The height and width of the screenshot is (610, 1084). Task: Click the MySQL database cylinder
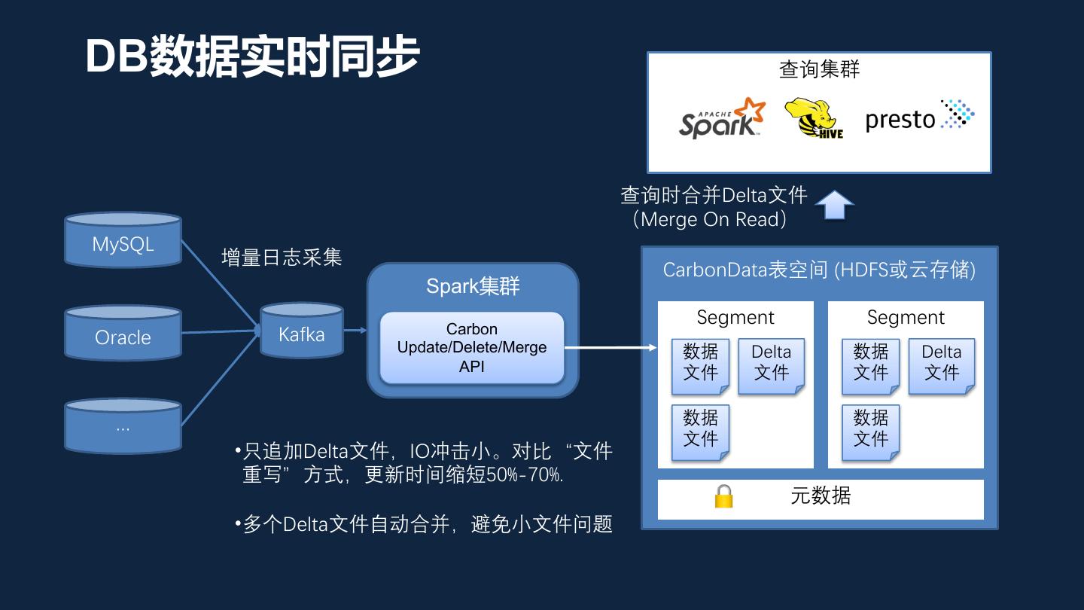pos(123,240)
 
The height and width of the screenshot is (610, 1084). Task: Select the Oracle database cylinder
pos(123,334)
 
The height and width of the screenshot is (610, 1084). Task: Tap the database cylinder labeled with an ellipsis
pos(123,427)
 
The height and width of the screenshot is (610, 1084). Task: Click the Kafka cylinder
pos(301,331)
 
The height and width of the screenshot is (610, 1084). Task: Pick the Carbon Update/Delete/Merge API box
pos(472,348)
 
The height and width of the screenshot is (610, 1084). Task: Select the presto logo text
pos(900,119)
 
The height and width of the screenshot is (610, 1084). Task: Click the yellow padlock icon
pos(723,496)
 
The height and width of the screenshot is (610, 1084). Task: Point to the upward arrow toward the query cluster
pos(834,205)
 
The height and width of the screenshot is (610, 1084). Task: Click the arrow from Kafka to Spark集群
pos(355,330)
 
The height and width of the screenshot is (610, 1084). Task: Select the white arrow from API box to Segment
pos(610,348)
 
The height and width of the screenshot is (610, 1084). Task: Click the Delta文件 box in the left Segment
pos(772,365)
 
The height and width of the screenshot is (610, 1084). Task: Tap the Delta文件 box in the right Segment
pos(942,365)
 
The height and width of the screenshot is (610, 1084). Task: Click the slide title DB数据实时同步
pos(251,56)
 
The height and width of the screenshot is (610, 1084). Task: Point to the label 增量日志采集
pos(282,258)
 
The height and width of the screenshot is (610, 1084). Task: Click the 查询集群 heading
pos(819,70)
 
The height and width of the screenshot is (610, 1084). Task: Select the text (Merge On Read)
pos(710,219)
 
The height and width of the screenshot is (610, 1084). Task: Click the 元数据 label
pos(821,496)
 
